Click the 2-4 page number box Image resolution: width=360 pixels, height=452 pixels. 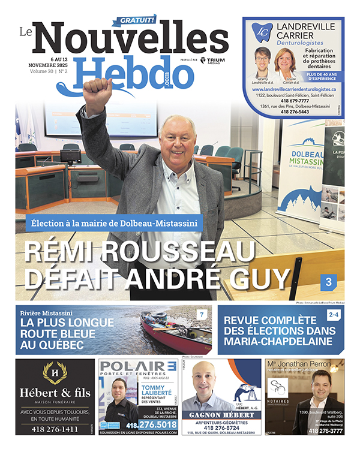tap(334, 314)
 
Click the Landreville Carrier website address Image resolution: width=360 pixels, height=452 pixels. tap(293, 88)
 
